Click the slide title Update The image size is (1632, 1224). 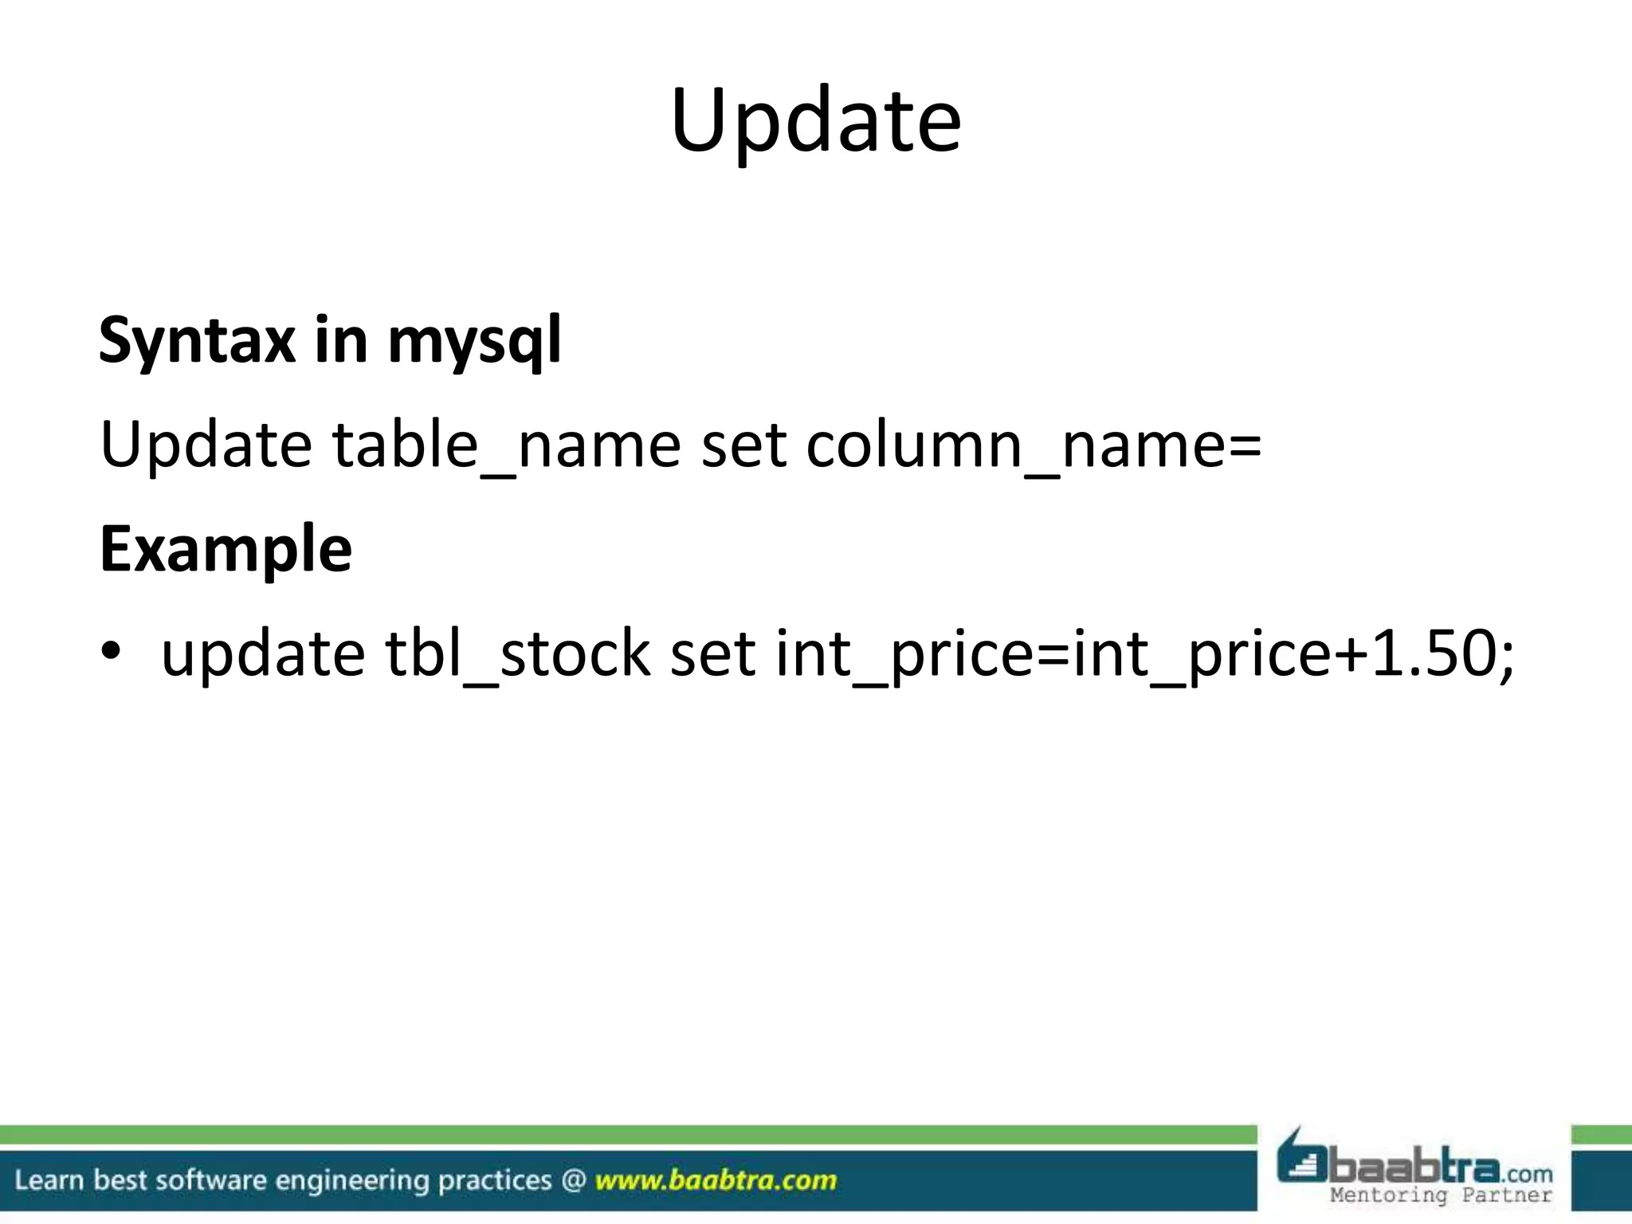click(815, 121)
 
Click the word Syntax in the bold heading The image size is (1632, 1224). click(196, 340)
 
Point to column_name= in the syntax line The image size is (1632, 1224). click(1034, 445)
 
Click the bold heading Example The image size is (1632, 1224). click(226, 550)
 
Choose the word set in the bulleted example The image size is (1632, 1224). click(712, 653)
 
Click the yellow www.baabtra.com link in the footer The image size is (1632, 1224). click(716, 1180)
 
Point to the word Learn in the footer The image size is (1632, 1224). click(49, 1180)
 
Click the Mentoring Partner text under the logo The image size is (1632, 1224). click(1441, 1195)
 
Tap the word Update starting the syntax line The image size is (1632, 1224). click(206, 445)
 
